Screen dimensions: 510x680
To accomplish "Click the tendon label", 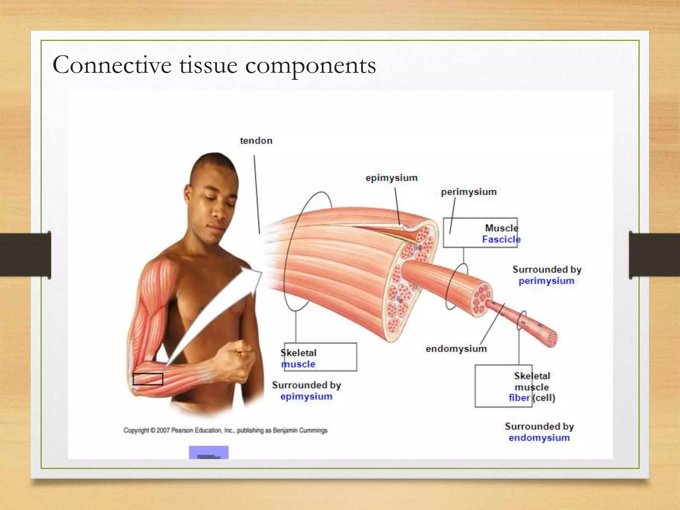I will pyautogui.click(x=256, y=141).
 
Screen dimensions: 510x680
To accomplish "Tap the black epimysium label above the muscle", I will pyautogui.click(x=391, y=178).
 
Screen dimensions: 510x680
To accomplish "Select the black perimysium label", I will pyautogui.click(x=468, y=192).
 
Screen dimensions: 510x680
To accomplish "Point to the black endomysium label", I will pyautogui.click(x=456, y=349).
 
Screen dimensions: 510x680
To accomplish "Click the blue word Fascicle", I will pyautogui.click(x=501, y=239).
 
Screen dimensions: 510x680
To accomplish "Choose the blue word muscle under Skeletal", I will pyautogui.click(x=298, y=364).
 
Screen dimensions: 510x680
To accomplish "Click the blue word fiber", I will pyautogui.click(x=519, y=398).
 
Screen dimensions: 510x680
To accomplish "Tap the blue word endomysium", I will pyautogui.click(x=539, y=438).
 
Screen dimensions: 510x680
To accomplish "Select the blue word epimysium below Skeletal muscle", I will pyautogui.click(x=306, y=396).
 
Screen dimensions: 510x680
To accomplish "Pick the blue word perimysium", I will pyautogui.click(x=546, y=281).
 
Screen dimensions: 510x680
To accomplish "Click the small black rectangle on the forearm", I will pyautogui.click(x=148, y=379).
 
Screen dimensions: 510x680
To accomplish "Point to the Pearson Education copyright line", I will pyautogui.click(x=225, y=430).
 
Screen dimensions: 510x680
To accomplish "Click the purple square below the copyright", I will pyautogui.click(x=209, y=453).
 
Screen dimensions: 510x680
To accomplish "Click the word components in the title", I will pyautogui.click(x=310, y=65).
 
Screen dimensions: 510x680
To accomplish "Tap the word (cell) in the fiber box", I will pyautogui.click(x=544, y=398).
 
